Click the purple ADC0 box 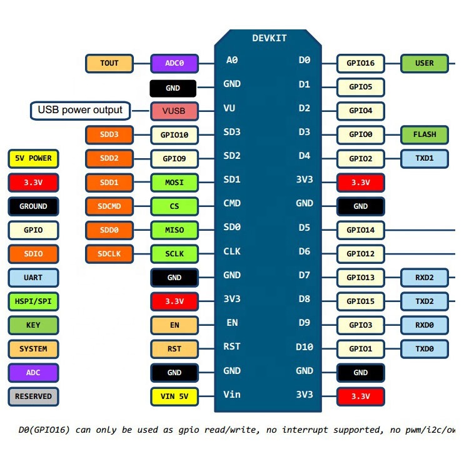[174, 63]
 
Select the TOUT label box [109, 63]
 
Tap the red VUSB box [174, 111]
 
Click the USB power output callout [80, 111]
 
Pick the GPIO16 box [361, 63]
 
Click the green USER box [425, 63]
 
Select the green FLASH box [425, 134]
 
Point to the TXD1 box [425, 158]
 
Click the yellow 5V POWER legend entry [34, 158]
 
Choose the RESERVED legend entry [34, 396]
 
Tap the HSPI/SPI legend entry [34, 301]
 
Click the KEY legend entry [34, 325]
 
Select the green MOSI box [174, 183]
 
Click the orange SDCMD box [109, 206]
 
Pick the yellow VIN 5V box [174, 396]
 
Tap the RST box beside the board [174, 348]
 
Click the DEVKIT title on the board [270, 38]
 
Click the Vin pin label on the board [231, 395]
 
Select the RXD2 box [425, 277]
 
